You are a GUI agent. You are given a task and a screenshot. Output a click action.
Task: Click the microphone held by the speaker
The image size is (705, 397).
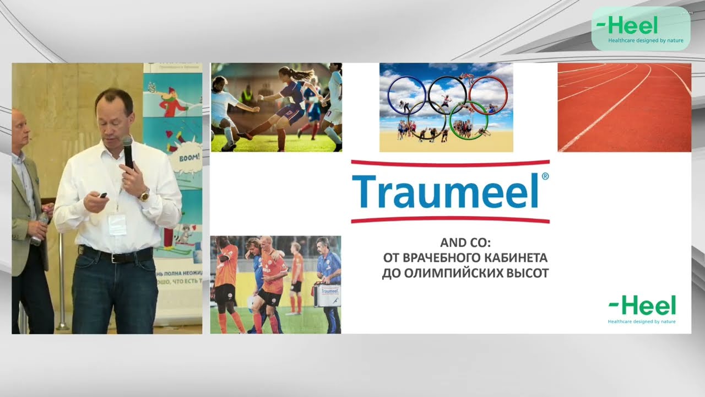127,151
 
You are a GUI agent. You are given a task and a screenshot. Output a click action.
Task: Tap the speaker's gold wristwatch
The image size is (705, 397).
144,195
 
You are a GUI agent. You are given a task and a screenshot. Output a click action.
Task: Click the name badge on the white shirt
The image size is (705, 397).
117,224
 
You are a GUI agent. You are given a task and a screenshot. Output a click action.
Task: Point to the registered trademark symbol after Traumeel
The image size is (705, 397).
545,176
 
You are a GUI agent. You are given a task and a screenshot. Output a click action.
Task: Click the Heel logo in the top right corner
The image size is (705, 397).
640,29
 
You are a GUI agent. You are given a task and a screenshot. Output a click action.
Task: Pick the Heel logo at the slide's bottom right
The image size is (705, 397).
642,309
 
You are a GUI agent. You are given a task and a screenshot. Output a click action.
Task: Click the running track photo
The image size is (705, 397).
624,107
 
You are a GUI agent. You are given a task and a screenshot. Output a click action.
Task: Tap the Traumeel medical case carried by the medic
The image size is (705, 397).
327,294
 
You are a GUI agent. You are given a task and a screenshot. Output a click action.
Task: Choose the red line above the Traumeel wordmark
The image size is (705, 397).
450,163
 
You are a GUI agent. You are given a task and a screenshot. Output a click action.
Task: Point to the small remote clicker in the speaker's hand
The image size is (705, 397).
102,196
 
